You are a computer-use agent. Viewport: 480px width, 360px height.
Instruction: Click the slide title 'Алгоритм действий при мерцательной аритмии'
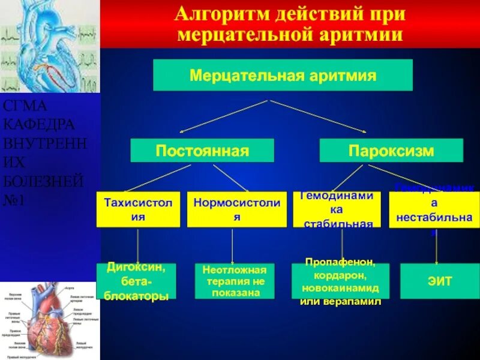290,24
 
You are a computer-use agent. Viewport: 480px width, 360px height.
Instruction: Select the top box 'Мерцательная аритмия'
283,75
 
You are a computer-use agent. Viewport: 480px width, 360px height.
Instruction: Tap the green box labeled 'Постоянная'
202,150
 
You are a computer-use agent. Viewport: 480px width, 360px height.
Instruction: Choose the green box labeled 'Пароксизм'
391,150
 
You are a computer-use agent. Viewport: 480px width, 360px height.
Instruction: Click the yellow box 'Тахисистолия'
139,209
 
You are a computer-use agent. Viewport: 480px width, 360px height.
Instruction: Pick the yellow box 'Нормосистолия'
237,209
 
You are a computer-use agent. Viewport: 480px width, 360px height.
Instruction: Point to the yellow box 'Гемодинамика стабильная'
337,209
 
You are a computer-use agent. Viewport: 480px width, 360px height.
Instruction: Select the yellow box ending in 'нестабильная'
435,209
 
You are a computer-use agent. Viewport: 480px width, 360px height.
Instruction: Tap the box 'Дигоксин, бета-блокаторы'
137,281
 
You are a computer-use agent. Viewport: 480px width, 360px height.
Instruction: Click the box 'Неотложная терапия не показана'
235,281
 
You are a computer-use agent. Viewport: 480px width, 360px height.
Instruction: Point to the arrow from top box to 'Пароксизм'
318,116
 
